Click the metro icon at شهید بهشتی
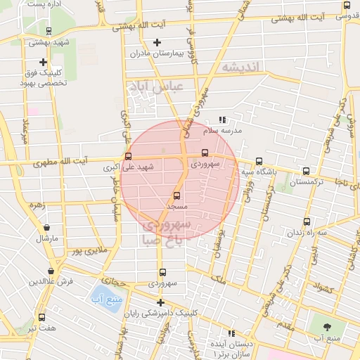point(48,31)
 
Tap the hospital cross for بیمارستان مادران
point(157,43)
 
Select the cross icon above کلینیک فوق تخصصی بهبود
point(43,62)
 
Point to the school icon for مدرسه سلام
point(223,120)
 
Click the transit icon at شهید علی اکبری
point(127,157)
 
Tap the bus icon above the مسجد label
point(176,196)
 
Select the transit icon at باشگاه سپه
point(259,161)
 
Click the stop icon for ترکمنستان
point(305,171)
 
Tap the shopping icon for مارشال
point(46,228)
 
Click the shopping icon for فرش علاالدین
point(51,271)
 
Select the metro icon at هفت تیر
point(41,318)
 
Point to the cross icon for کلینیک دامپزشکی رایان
point(161,303)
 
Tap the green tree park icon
point(328,328)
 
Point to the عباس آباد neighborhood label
point(155,87)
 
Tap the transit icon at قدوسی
point(346,6)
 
